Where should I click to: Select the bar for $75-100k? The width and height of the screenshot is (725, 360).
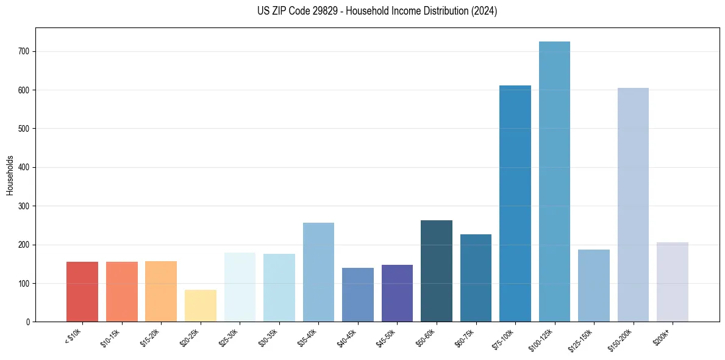coord(515,204)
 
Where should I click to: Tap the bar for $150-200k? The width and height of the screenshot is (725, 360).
coord(633,205)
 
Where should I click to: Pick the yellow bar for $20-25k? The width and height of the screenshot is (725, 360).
coord(201,306)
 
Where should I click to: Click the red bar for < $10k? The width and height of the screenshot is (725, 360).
coord(82,292)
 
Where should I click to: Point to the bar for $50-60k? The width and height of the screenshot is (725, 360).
coord(437,271)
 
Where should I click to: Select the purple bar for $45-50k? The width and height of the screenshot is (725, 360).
coord(397,293)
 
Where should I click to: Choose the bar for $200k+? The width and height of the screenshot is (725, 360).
coord(672,282)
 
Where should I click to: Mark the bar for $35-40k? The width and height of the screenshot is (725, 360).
coord(318,272)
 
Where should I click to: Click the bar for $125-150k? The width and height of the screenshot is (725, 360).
coord(593,286)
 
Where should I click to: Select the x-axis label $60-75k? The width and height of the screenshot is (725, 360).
coord(465,337)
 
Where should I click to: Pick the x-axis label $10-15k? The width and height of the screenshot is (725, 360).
coord(111,337)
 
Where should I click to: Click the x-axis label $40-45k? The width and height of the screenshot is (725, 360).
coord(347,337)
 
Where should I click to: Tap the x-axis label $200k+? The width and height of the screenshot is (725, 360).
coord(662,336)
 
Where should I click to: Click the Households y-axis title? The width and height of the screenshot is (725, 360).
coord(10,175)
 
